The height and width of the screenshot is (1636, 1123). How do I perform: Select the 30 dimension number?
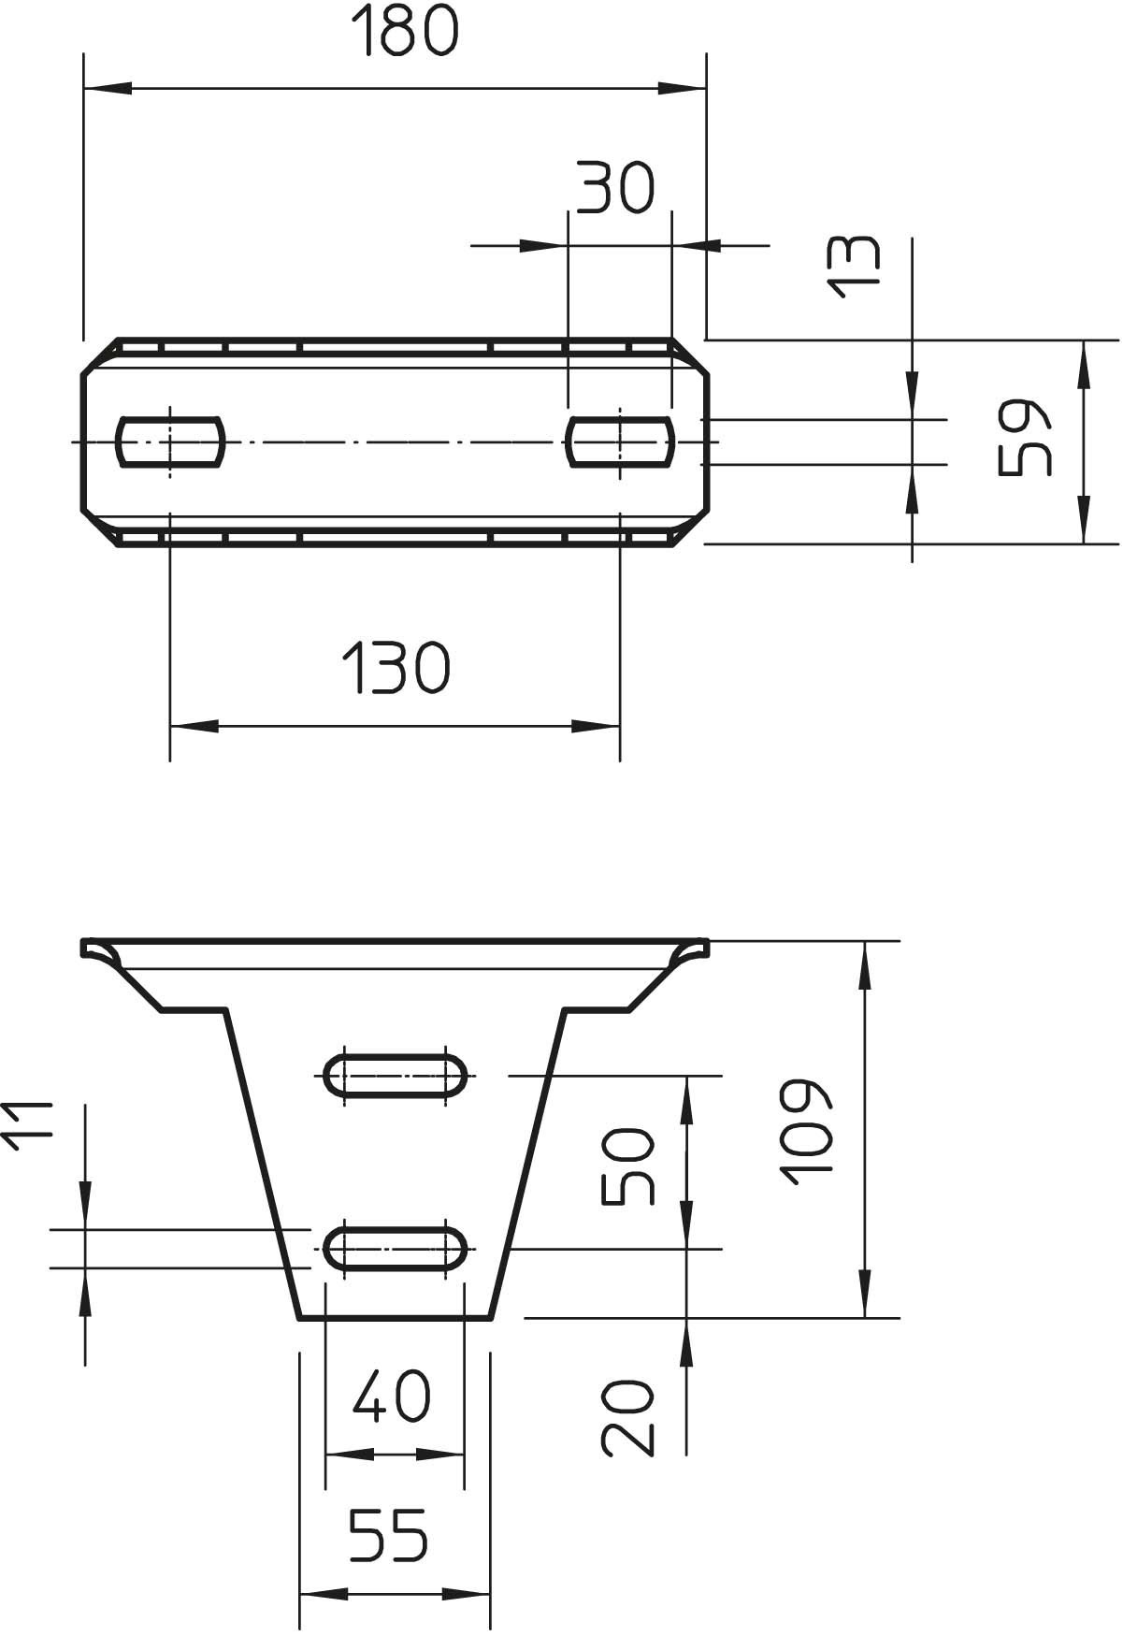click(614, 186)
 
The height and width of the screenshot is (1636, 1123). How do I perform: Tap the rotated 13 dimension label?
click(855, 266)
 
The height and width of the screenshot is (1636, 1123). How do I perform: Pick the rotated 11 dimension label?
click(31, 1129)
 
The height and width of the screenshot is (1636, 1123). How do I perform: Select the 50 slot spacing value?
click(626, 1166)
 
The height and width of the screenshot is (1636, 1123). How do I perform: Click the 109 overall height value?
click(802, 1133)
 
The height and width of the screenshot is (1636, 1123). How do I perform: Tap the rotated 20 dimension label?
click(626, 1417)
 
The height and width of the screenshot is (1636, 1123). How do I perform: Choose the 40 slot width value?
click(393, 1396)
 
